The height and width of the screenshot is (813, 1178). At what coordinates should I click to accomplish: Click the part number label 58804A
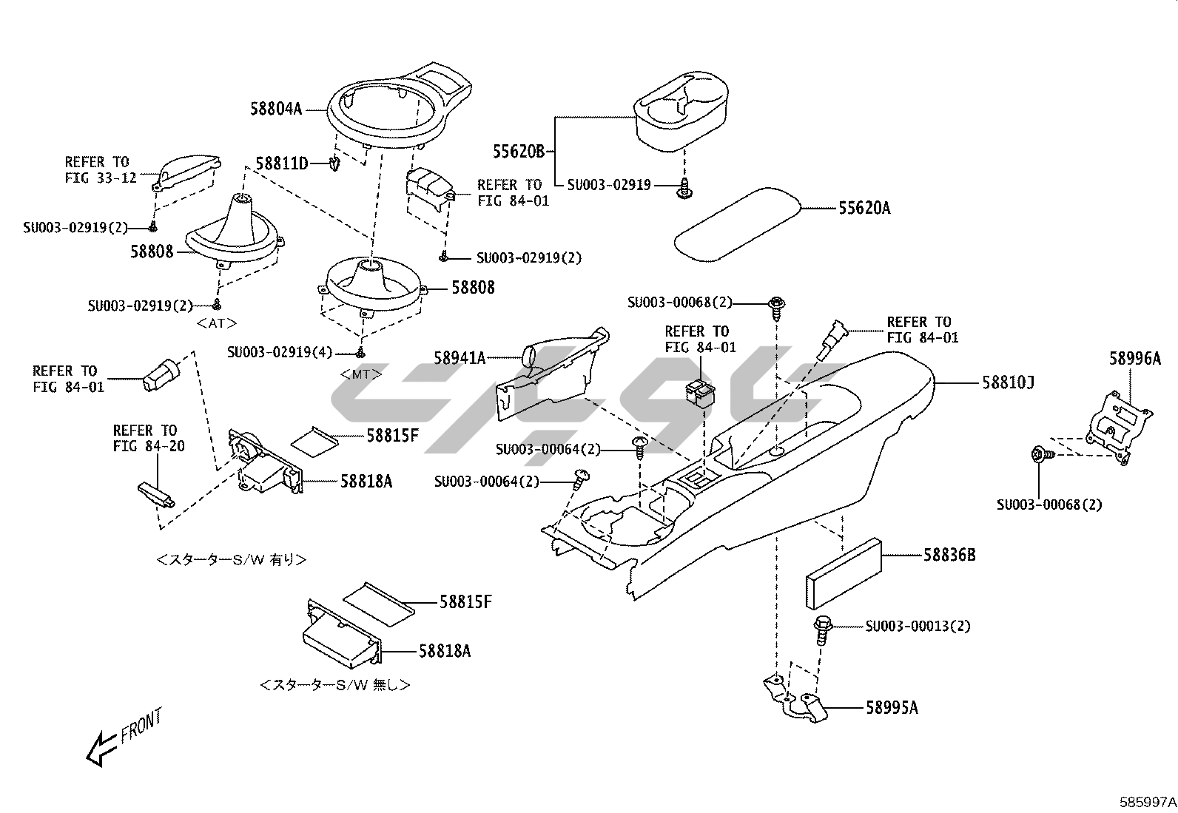click(x=276, y=109)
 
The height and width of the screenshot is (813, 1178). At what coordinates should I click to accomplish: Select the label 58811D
click(x=282, y=163)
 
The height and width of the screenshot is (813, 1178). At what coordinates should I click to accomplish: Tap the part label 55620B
click(x=519, y=152)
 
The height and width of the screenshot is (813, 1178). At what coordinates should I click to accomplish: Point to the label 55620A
click(x=864, y=209)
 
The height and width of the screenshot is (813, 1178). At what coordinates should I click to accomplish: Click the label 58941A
click(x=460, y=358)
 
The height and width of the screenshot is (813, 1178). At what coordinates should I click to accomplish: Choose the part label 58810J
click(x=1008, y=383)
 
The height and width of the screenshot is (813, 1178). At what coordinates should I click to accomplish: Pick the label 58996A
click(x=1135, y=359)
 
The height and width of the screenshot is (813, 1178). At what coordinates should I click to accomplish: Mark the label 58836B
click(x=950, y=555)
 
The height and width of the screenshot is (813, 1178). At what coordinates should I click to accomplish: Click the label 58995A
click(x=892, y=708)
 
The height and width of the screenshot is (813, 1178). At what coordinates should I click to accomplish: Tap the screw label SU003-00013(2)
click(x=918, y=627)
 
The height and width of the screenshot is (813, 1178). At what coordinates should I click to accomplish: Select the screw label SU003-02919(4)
click(x=280, y=352)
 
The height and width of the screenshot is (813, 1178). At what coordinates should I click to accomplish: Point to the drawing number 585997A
click(x=1148, y=802)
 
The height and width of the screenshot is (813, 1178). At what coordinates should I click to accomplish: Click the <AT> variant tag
click(x=217, y=323)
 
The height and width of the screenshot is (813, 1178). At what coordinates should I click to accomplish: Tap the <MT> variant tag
click(x=361, y=374)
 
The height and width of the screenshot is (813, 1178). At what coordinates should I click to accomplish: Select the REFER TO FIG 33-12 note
click(x=101, y=170)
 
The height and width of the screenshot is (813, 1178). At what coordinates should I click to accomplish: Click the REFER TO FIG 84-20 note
click(x=149, y=438)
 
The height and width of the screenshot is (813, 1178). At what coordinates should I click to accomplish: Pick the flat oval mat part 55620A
click(x=737, y=225)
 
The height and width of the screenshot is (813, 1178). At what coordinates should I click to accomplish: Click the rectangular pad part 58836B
click(x=844, y=574)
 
